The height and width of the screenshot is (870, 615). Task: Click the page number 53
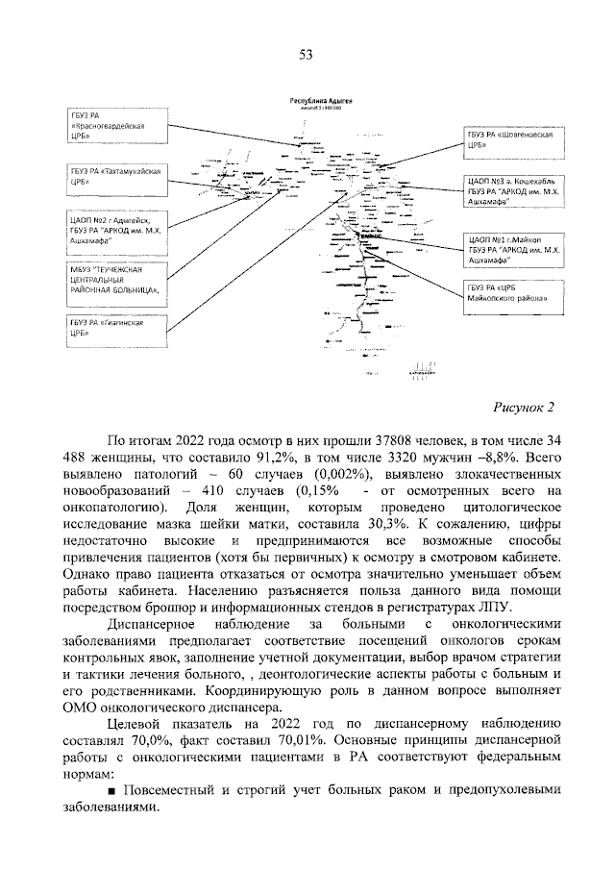[x=307, y=55]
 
